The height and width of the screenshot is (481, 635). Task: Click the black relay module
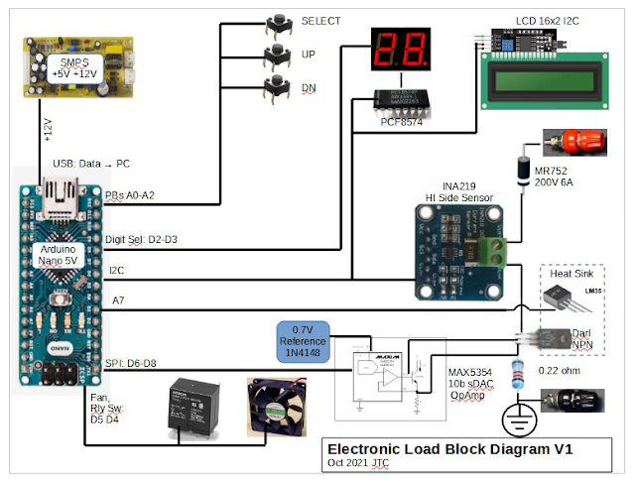tap(194, 406)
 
